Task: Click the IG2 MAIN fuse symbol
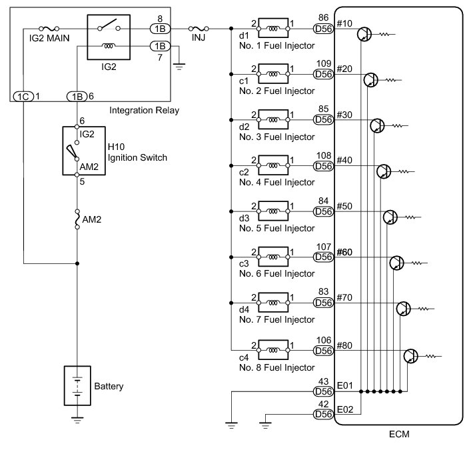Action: pos(49,29)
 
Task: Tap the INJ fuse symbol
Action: pos(199,29)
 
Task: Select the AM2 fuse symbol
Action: pos(77,219)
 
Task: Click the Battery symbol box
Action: pos(77,385)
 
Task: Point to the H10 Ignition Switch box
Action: pos(84,151)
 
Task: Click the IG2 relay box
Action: pos(109,37)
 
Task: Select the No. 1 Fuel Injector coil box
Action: pos(273,28)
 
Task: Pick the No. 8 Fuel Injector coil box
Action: pos(273,350)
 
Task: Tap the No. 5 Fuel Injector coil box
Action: pos(273,211)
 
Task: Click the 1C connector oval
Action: pos(23,97)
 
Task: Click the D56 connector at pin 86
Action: pos(324,29)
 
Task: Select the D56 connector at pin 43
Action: pos(324,391)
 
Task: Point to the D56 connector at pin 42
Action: pos(324,414)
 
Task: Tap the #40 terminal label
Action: pos(344,160)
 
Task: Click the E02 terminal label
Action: pos(345,409)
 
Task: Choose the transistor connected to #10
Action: pos(364,34)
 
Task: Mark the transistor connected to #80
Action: pos(411,356)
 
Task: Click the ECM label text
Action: pos(399,434)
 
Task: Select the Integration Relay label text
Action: pos(144,110)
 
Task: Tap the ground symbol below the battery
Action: pos(77,420)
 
